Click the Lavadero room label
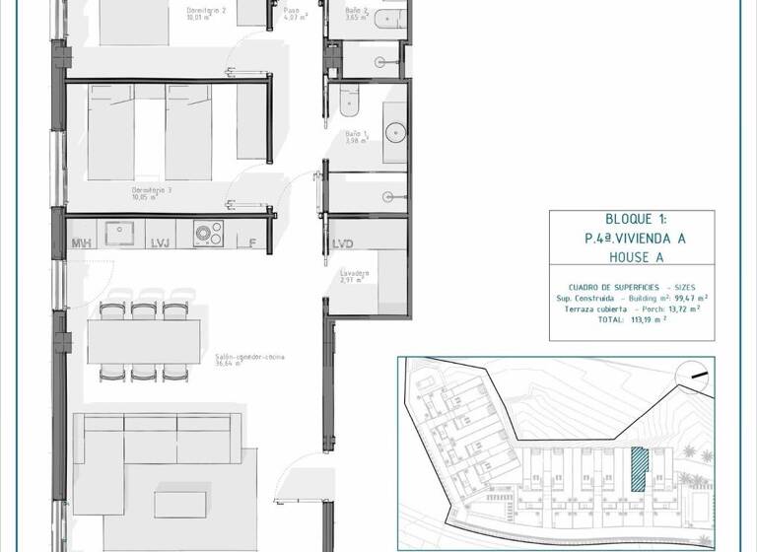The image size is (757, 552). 354,273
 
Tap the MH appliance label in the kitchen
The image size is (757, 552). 81,242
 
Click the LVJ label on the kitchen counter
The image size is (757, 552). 160,242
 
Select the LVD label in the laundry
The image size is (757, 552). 343,243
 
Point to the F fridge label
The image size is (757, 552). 252,242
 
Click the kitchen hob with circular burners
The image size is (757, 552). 207,234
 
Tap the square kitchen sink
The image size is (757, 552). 124,233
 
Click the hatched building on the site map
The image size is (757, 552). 639,469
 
